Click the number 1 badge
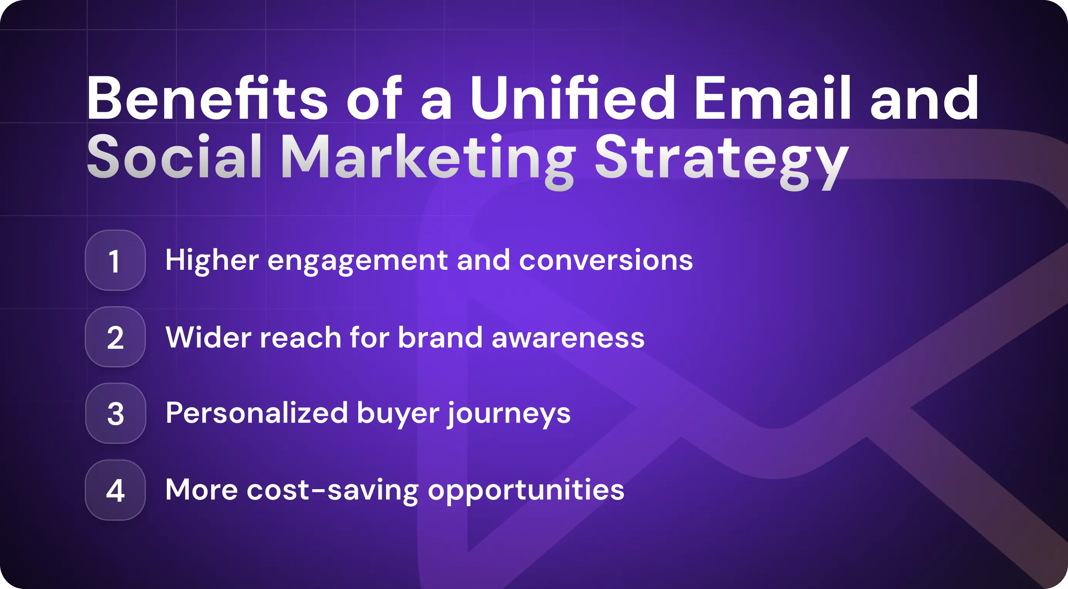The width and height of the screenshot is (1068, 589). (115, 261)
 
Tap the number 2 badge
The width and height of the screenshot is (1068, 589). (115, 337)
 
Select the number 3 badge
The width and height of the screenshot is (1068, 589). (115, 414)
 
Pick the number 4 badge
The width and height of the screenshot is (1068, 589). (115, 490)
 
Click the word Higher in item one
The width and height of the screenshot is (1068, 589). (212, 261)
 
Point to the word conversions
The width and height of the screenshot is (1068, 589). (606, 261)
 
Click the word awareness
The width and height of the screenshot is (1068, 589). (568, 338)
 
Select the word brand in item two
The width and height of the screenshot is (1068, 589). (440, 337)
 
